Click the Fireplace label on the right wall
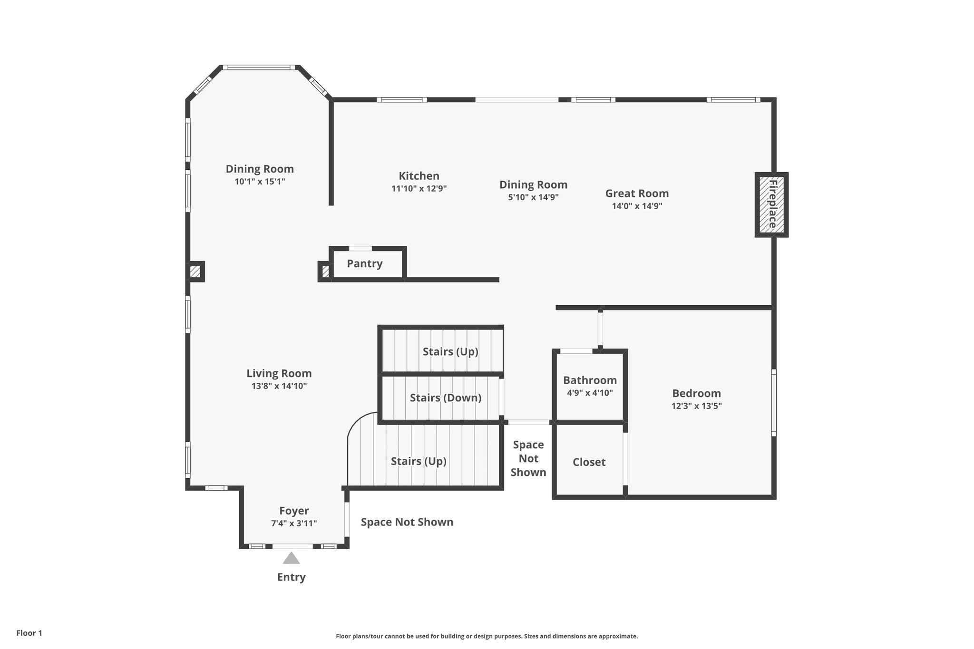(772, 204)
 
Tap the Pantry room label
(364, 263)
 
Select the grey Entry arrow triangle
(291, 558)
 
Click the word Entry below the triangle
(291, 577)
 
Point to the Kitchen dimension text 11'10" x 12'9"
(419, 189)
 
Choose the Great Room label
(637, 194)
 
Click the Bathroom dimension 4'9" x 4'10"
(590, 393)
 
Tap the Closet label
(589, 462)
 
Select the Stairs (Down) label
(446, 397)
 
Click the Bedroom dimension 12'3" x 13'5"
(696, 406)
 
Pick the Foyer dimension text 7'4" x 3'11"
(294, 523)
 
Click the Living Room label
(279, 374)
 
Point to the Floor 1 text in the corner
(29, 633)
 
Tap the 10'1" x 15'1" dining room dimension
(260, 182)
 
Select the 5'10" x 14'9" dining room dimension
(533, 197)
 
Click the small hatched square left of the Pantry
(325, 272)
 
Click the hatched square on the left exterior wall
(195, 272)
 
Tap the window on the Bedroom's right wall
(774, 403)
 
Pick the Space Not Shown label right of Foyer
(407, 522)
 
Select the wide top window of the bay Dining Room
(260, 68)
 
